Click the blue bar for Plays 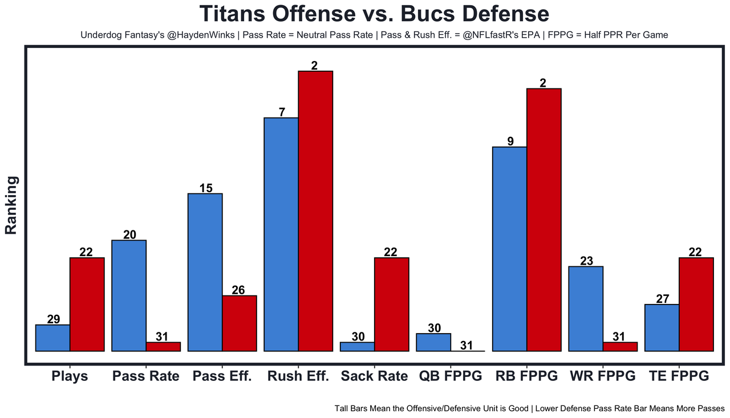52,338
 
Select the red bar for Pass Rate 163,347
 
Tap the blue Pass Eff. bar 205,273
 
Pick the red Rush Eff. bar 315,211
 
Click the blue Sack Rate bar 357,347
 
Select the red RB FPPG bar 544,220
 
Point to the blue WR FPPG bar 586,309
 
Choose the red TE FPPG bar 696,305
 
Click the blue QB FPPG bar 433,342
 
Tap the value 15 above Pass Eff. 205,188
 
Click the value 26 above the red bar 238,290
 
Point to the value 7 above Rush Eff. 282,112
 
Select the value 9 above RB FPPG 510,141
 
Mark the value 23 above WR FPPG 586,261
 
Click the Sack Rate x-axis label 374,376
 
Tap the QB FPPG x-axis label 451,376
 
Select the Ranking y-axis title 11,205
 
